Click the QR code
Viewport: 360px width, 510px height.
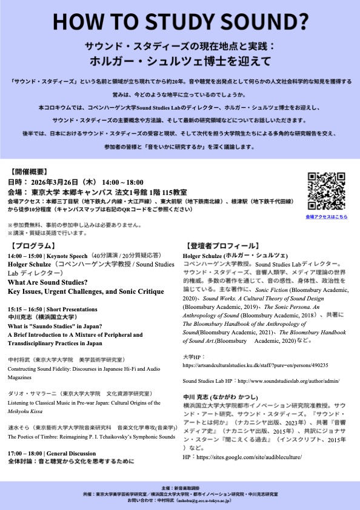tap(327, 190)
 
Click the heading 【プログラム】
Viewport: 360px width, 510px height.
tap(32, 246)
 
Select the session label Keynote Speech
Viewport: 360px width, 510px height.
tap(66, 256)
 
